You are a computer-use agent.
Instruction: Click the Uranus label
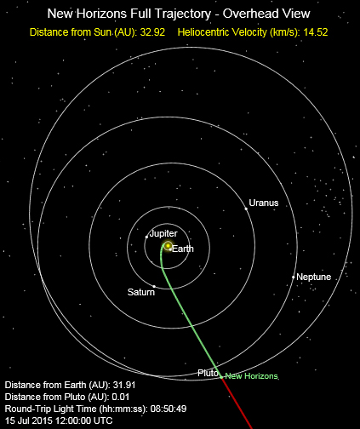coord(263,203)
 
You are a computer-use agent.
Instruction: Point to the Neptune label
coord(314,277)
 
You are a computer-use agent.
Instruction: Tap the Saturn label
coord(141,292)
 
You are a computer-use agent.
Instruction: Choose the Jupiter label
coord(163,232)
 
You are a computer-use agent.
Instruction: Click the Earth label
coord(183,248)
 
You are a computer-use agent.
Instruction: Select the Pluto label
coord(209,372)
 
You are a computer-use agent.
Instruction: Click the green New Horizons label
coord(252,376)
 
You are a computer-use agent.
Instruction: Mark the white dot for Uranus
coord(247,209)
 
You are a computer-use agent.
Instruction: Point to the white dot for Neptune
coord(293,277)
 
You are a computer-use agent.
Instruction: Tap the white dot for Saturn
coord(153,285)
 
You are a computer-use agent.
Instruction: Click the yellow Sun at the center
coord(169,246)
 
